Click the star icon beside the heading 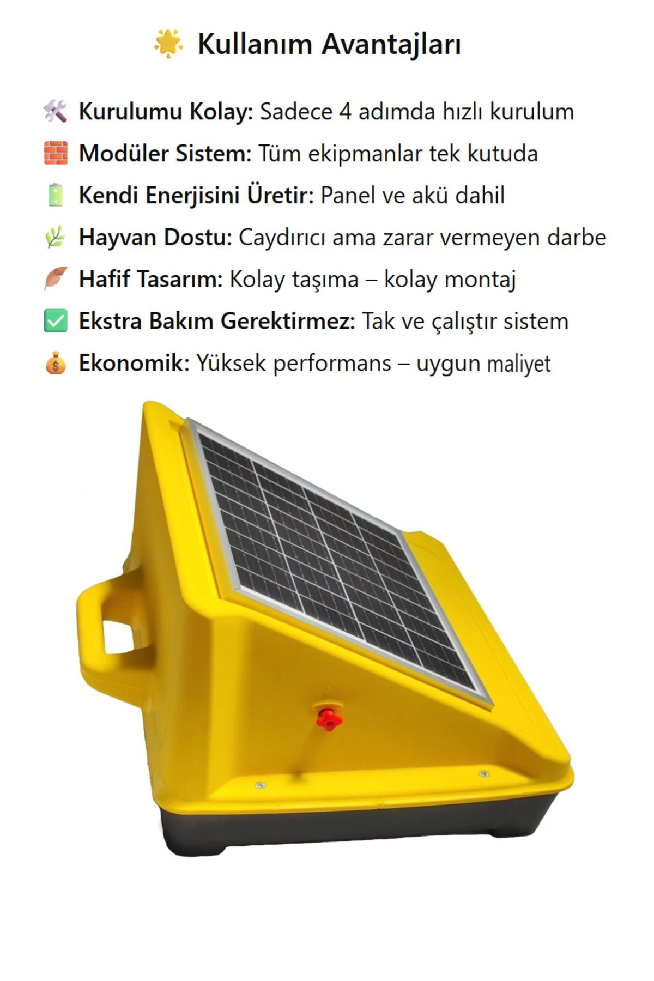coord(168,44)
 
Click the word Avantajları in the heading coord(391,45)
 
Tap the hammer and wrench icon coord(56,112)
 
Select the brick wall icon coord(56,153)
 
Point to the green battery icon coord(56,195)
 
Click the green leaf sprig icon coord(56,237)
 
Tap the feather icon coord(56,278)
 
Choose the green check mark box coord(56,320)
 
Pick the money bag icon coord(56,363)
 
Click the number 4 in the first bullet coord(345,112)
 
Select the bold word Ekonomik coord(133,363)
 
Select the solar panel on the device coord(338,556)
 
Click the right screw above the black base coord(483,773)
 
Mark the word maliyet coord(518,364)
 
